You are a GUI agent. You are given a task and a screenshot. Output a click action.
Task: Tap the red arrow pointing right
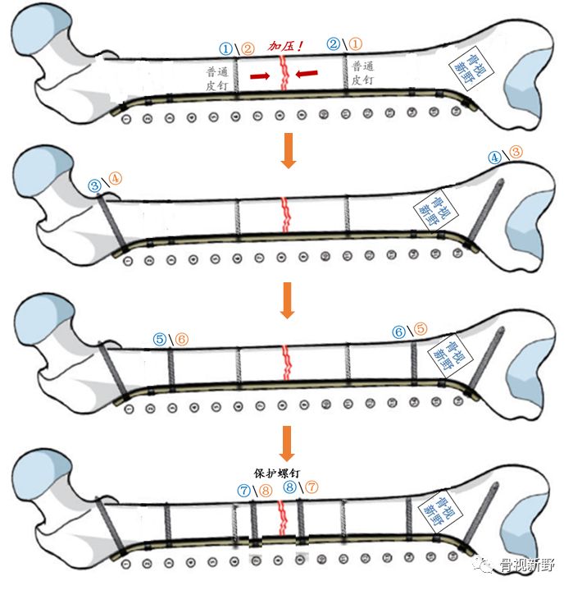(x=259, y=76)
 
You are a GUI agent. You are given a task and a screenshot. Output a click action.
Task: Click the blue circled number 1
(x=226, y=48)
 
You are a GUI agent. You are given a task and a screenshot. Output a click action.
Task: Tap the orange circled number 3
(x=516, y=152)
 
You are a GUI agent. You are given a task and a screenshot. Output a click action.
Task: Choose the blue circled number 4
(x=494, y=157)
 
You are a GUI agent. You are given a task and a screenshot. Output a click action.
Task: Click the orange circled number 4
(x=115, y=176)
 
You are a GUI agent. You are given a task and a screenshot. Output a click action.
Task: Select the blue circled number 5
(x=161, y=339)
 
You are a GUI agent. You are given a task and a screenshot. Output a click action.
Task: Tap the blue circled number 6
(x=399, y=332)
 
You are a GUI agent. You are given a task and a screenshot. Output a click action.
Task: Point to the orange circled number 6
(x=181, y=338)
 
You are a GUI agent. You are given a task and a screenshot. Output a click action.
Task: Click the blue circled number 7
(x=243, y=489)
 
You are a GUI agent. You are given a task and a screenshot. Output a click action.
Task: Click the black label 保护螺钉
(x=275, y=473)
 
